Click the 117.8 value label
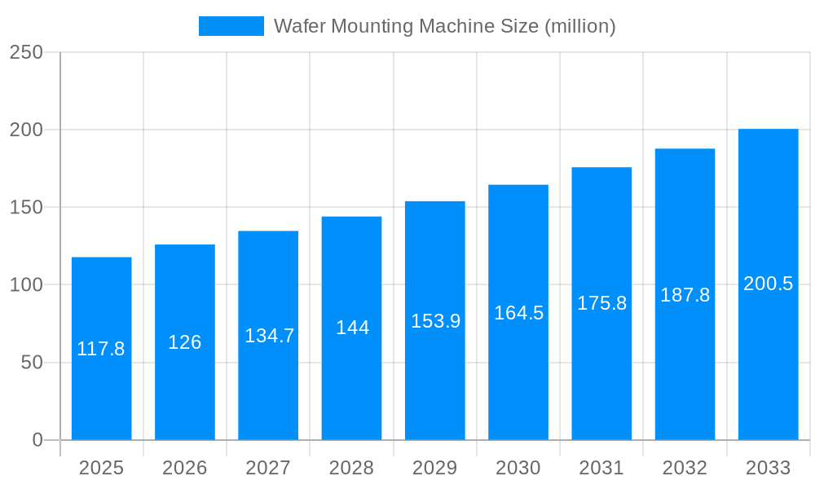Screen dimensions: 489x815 click(x=101, y=349)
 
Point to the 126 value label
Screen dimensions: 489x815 click(x=185, y=342)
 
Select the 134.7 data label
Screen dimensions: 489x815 click(x=270, y=336)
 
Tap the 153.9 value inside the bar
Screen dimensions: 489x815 click(x=435, y=321)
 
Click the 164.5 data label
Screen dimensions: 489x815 click(x=518, y=313)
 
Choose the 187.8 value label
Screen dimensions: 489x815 click(x=685, y=295)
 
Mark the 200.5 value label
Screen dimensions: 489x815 click(x=768, y=284)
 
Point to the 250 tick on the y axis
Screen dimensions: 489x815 click(x=26, y=52)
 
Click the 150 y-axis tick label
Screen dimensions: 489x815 click(x=26, y=207)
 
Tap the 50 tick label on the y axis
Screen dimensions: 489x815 click(x=32, y=363)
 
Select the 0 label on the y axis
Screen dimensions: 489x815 click(x=37, y=440)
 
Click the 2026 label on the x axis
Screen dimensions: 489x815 click(x=185, y=468)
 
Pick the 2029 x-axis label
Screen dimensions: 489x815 click(x=435, y=468)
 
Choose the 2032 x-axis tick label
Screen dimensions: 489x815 click(x=685, y=468)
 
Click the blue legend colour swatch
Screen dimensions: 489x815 click(x=231, y=26)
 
